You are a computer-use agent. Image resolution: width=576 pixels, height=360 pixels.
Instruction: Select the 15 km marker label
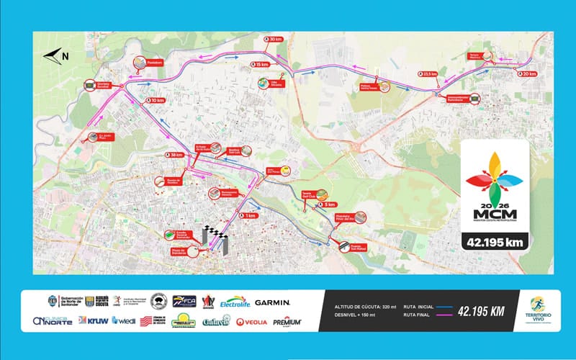tap(261, 65)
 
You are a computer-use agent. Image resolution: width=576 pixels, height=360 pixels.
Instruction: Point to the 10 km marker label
tap(156, 101)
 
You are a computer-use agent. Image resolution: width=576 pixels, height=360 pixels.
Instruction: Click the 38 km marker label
tap(173, 155)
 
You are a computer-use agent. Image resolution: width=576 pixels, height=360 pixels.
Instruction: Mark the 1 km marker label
tap(248, 215)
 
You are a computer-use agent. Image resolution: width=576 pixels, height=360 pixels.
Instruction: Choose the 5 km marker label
tap(328, 204)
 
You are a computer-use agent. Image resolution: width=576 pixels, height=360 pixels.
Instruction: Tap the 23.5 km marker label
tap(429, 73)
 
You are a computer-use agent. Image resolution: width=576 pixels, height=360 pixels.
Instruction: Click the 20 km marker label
tap(528, 73)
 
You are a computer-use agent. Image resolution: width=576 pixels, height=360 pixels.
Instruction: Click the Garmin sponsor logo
tap(272, 302)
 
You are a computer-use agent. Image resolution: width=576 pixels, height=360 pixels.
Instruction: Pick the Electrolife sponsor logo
tap(234, 302)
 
